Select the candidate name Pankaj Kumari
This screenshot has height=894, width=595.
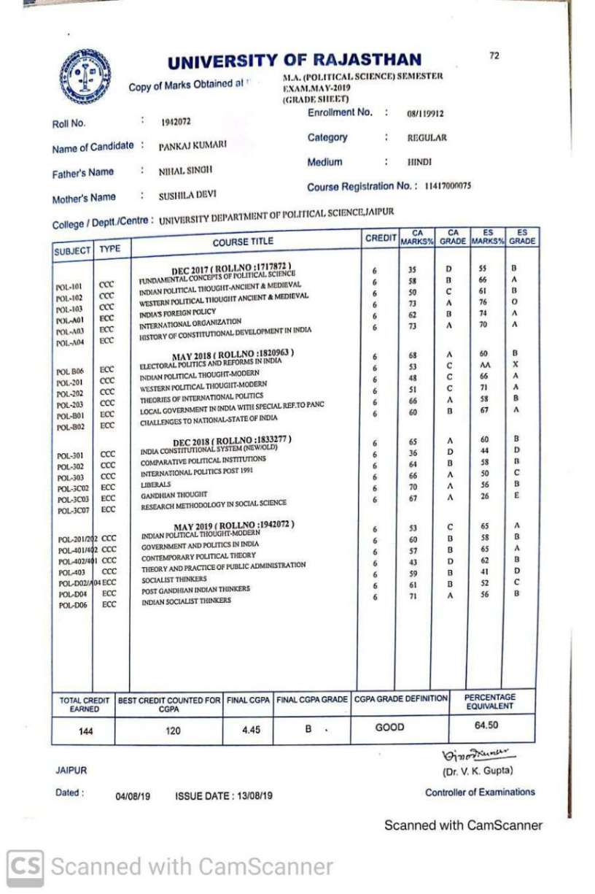[x=192, y=146]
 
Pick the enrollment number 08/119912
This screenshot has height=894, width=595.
[x=426, y=114]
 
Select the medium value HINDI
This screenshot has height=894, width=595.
[x=419, y=162]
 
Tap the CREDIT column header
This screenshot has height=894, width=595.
[x=379, y=239]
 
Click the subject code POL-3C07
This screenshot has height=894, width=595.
[x=74, y=511]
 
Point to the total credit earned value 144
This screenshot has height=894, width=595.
[x=85, y=731]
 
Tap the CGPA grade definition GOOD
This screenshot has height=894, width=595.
[x=389, y=728]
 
